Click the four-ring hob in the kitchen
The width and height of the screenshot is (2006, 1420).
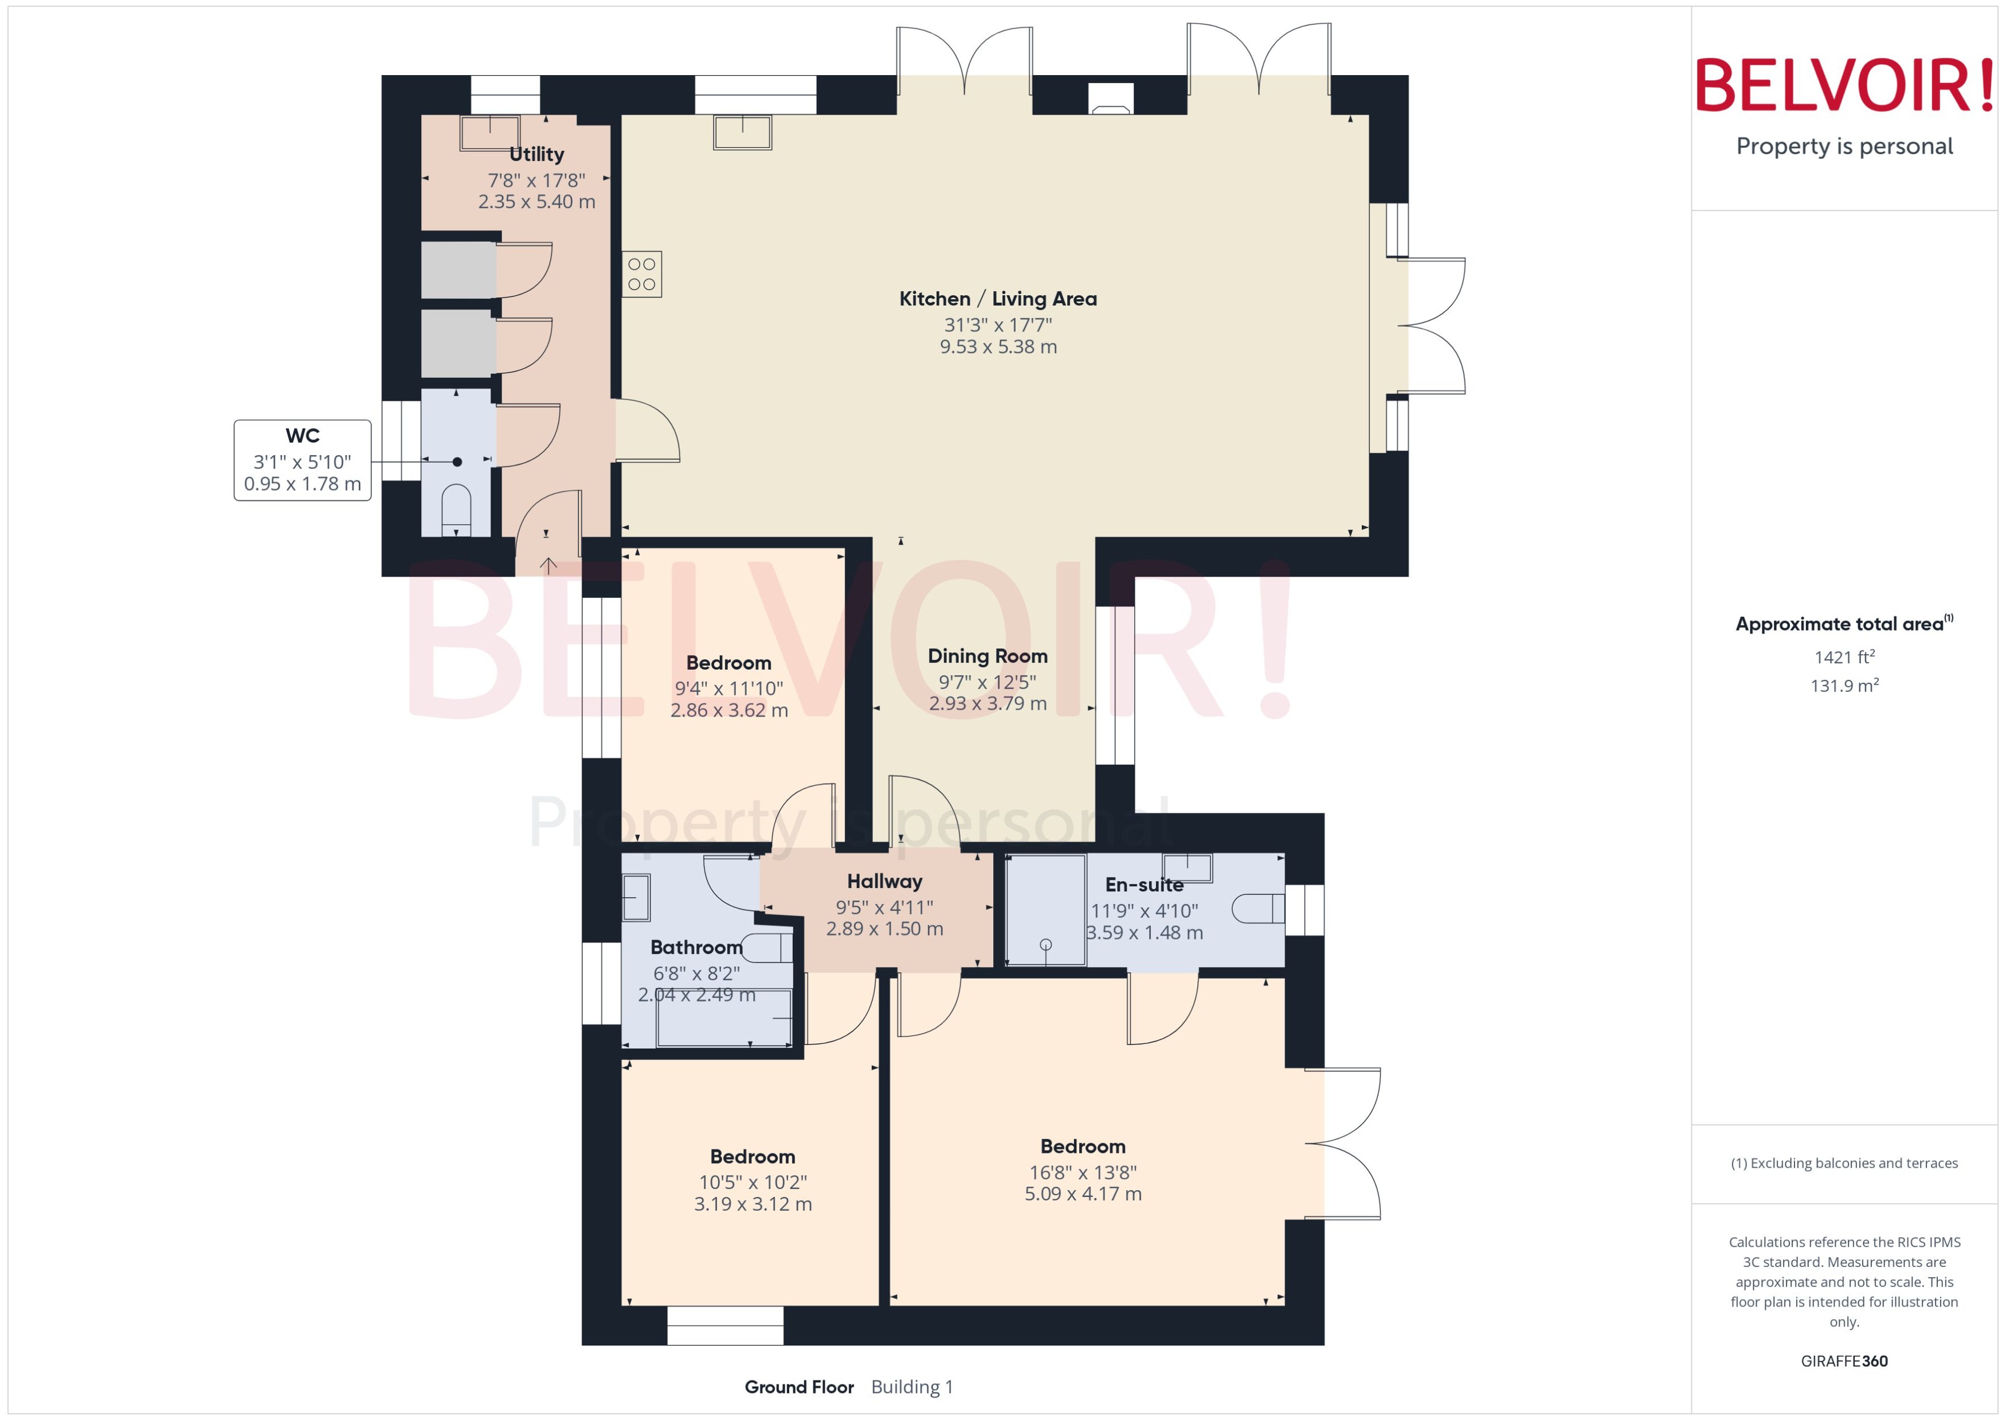coord(641,273)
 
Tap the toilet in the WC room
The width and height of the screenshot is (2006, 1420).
coord(456,508)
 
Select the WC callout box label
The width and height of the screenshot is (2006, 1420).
coord(303,436)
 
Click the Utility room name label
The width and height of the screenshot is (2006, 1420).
coord(536,154)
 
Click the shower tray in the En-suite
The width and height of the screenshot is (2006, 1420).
coord(1045,909)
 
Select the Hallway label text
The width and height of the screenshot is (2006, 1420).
coord(884,881)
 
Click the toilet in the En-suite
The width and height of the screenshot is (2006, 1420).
coord(1259,909)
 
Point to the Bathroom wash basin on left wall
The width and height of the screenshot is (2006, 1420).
coord(636,897)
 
